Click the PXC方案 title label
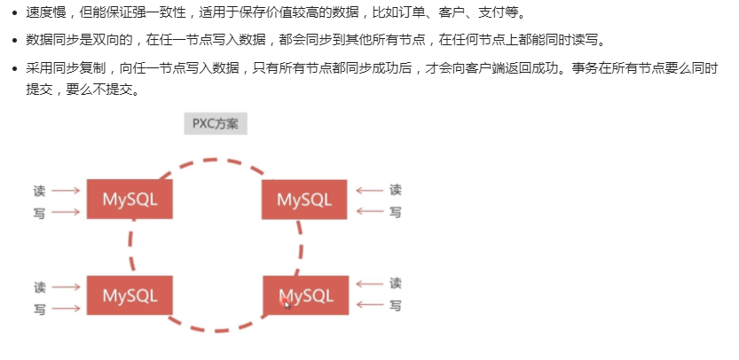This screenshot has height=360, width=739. (x=215, y=123)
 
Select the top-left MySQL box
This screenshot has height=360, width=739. (x=130, y=199)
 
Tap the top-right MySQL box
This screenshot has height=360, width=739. (x=303, y=199)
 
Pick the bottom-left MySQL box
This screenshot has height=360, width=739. (x=130, y=294)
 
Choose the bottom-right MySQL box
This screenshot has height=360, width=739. (x=306, y=294)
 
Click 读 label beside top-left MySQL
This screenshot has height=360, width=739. (x=40, y=190)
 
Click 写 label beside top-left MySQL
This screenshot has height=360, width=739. (x=40, y=212)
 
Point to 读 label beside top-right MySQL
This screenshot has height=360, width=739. (x=396, y=190)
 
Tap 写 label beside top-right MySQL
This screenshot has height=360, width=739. (x=396, y=212)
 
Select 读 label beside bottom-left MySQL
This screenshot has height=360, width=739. (x=40, y=287)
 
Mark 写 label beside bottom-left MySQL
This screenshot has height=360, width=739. (x=40, y=309)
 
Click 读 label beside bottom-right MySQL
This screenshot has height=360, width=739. (x=396, y=284)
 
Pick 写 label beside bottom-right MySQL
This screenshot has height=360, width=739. (x=396, y=306)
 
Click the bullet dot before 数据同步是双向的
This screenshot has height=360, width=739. (x=14, y=41)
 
